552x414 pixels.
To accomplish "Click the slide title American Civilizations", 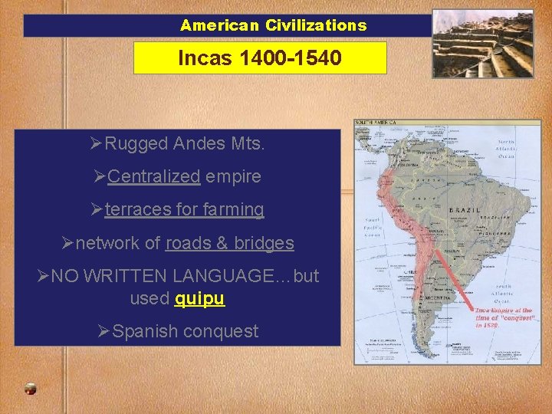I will click(x=274, y=25).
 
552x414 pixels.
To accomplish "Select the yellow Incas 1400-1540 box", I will click(x=260, y=58).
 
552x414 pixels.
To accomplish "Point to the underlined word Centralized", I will click(x=153, y=176).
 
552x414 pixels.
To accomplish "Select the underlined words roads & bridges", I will click(x=229, y=243).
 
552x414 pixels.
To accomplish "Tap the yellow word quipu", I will click(x=199, y=298).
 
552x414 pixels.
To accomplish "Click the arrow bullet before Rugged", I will click(x=96, y=143).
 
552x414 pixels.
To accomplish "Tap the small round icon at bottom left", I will click(x=30, y=389).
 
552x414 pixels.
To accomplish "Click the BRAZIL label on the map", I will click(x=465, y=210).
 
